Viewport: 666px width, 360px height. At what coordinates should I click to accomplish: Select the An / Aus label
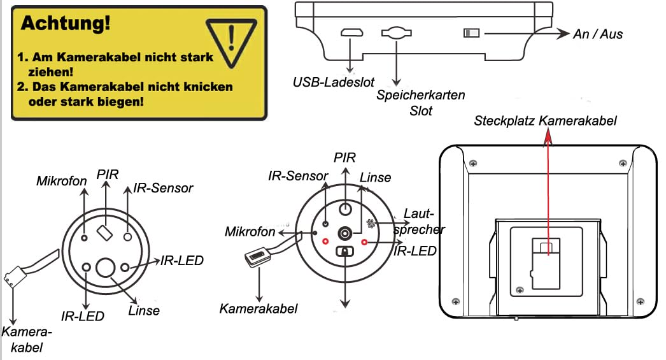click(x=598, y=34)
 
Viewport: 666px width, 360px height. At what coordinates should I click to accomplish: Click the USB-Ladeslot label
click(x=334, y=82)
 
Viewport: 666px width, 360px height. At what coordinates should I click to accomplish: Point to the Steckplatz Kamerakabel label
click(x=546, y=120)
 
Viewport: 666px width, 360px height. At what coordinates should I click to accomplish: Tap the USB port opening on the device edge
click(x=351, y=33)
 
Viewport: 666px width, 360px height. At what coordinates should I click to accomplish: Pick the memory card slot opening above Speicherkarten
click(x=397, y=32)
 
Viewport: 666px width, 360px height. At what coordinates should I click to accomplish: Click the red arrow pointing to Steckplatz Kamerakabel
click(x=548, y=191)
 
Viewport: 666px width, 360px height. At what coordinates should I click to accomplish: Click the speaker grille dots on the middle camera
click(x=372, y=224)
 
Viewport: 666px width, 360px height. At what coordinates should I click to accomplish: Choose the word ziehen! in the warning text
click(x=50, y=72)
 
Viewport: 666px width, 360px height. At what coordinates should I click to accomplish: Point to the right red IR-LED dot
click(x=364, y=242)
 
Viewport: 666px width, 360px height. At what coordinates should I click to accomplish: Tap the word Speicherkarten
click(x=420, y=95)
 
